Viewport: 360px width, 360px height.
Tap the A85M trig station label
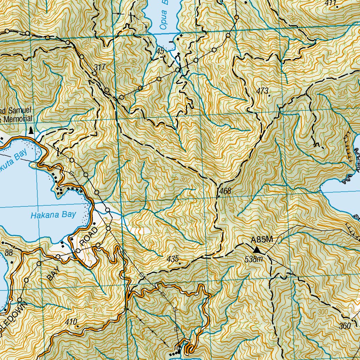(x=262, y=240)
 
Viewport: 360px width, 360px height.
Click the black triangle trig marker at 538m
(x=258, y=250)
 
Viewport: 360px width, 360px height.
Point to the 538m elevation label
(x=254, y=259)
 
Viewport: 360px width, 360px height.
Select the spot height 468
(x=225, y=191)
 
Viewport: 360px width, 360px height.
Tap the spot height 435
(x=173, y=259)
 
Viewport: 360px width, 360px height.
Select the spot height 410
(x=71, y=321)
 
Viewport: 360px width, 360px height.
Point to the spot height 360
(x=345, y=326)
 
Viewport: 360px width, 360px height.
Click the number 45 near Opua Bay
(x=160, y=51)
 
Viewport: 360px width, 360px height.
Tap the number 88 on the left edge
(x=8, y=253)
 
